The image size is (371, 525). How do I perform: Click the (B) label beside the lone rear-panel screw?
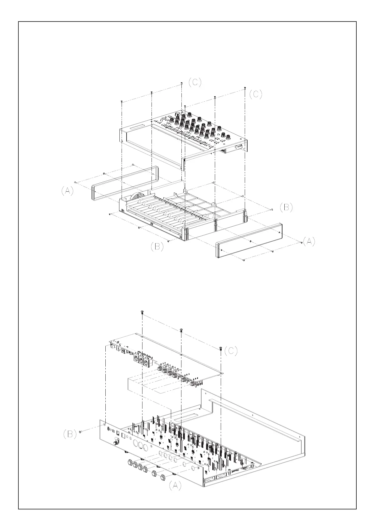70,434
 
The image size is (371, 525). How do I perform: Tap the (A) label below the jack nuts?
175,485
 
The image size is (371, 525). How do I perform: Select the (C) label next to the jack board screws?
231,351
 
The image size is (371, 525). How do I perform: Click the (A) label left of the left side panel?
67,191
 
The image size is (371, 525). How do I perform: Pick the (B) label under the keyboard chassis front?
157,247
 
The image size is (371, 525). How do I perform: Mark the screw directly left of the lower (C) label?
221,348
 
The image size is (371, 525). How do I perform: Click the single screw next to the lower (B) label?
80,432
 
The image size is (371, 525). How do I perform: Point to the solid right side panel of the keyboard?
249,241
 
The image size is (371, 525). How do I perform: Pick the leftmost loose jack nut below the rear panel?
129,462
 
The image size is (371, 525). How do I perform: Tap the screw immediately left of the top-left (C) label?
181,84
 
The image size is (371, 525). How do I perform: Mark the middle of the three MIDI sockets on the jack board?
141,359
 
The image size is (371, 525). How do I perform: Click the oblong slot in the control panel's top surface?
136,128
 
